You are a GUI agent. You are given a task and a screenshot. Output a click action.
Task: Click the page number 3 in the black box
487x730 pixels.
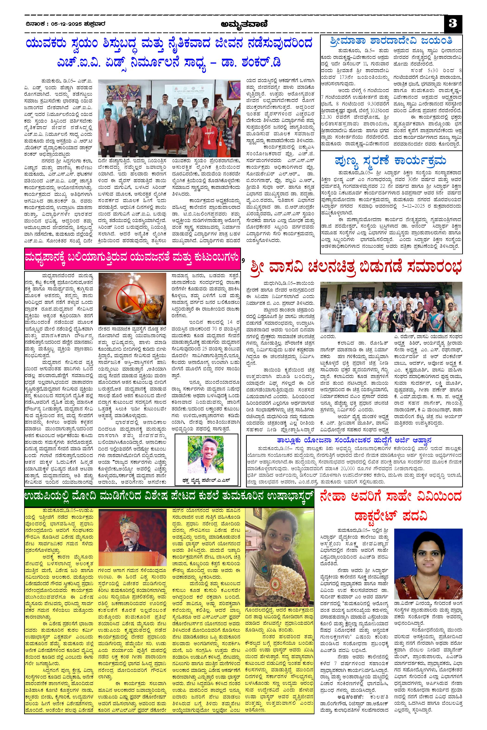[453, 24]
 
